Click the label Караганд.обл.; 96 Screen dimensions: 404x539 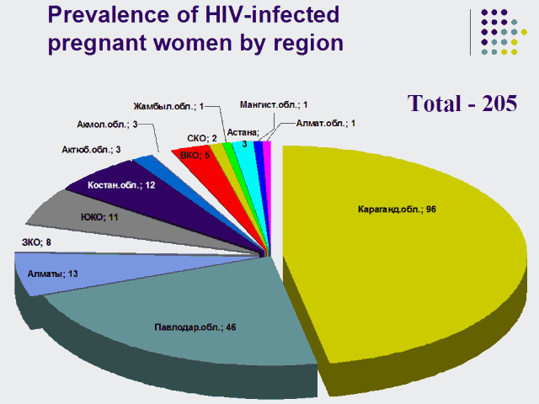tap(395, 209)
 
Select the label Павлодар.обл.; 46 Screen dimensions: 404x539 tap(195, 326)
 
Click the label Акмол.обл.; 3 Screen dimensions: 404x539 tap(108, 125)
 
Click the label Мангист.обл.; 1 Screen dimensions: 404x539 tap(274, 104)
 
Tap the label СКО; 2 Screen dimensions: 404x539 tap(202, 138)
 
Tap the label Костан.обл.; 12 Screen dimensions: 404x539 tap(121, 183)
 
